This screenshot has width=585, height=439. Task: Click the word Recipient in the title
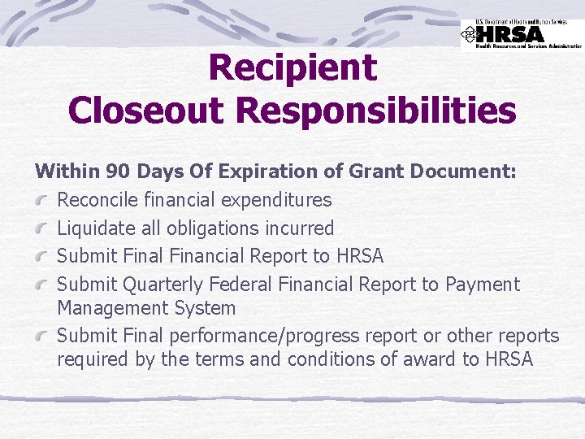pyautogui.click(x=292, y=68)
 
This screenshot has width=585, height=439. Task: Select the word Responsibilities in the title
pyautogui.click(x=379, y=111)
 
